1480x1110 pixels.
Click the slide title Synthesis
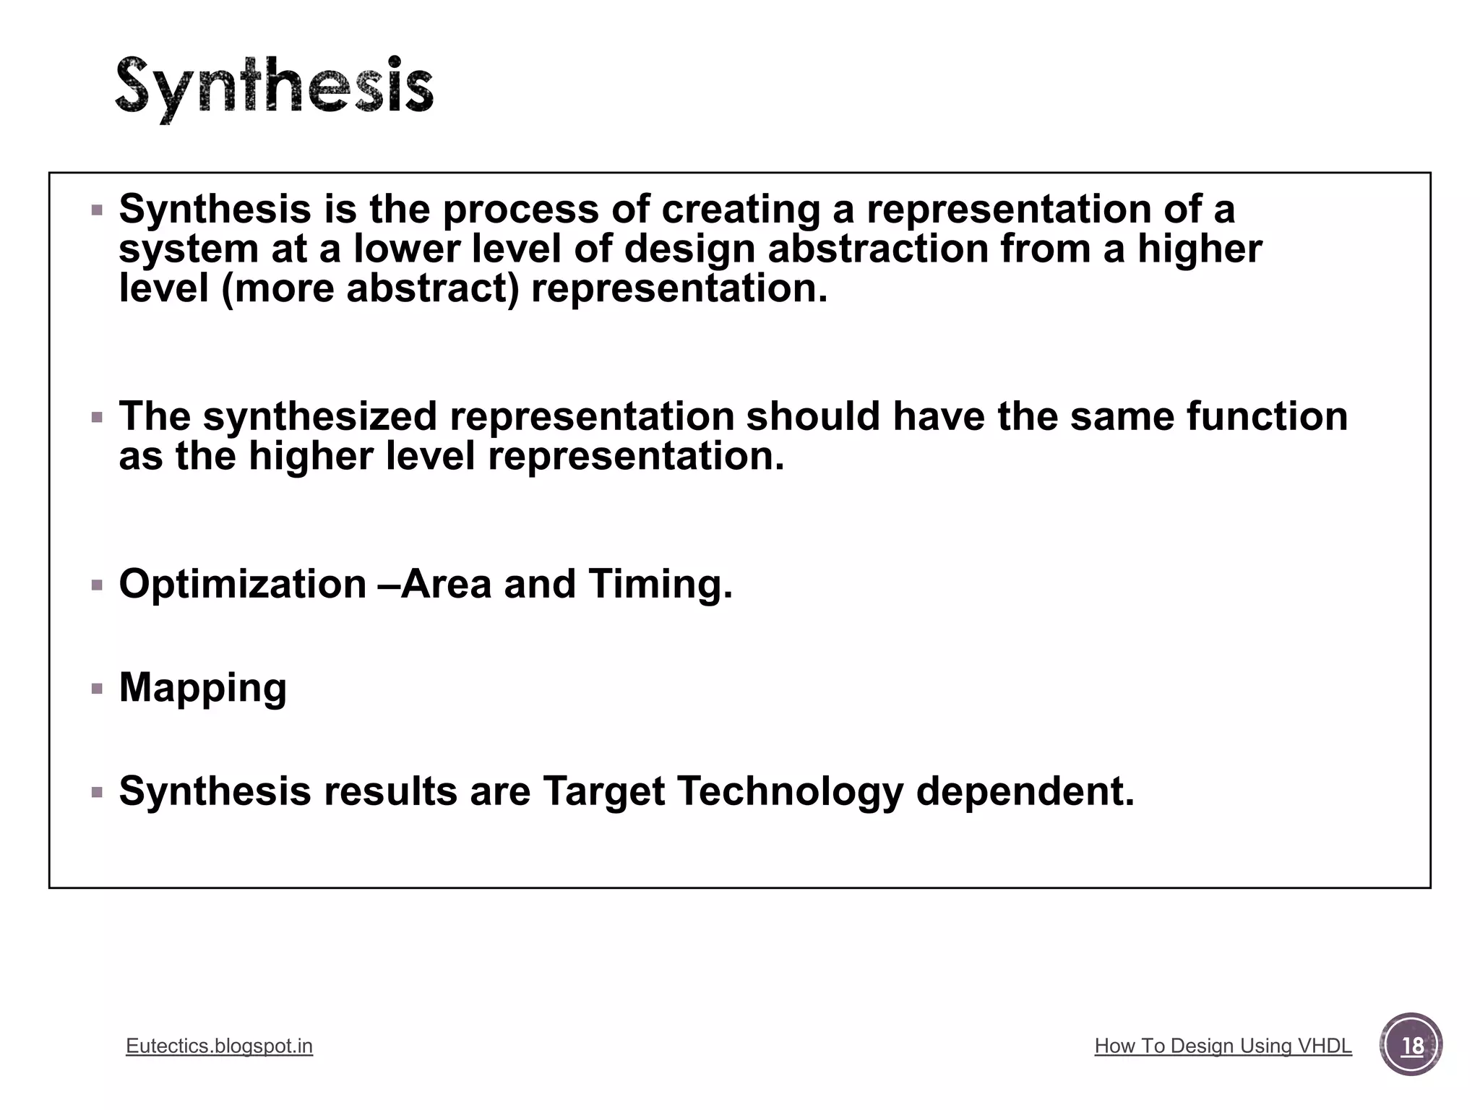pos(275,88)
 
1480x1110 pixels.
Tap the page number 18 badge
pos(1411,1045)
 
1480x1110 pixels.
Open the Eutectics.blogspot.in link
pos(219,1046)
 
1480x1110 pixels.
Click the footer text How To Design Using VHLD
pos(1223,1046)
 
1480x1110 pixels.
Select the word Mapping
pos(203,687)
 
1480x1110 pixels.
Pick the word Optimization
pos(243,584)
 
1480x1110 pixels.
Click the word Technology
pos(790,791)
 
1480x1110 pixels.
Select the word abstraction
pos(877,249)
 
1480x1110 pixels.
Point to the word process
pos(520,210)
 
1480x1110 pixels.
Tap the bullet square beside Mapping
pos(98,689)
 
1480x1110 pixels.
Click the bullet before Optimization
pos(98,585)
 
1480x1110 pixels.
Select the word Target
pos(603,791)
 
